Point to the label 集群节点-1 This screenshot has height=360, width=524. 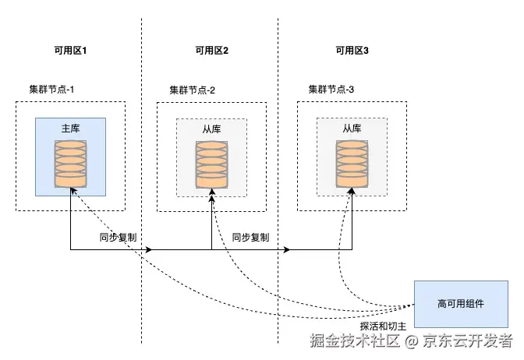point(47,90)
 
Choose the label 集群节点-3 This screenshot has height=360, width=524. point(331,90)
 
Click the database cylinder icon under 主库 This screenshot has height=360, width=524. point(70,164)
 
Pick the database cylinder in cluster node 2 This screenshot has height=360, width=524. point(211,164)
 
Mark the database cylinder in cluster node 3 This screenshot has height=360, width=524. point(352,164)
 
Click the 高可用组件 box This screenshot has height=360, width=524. point(461,303)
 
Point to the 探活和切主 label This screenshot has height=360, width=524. point(384,326)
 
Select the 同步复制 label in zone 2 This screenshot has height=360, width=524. point(250,237)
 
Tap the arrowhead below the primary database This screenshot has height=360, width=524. point(70,194)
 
